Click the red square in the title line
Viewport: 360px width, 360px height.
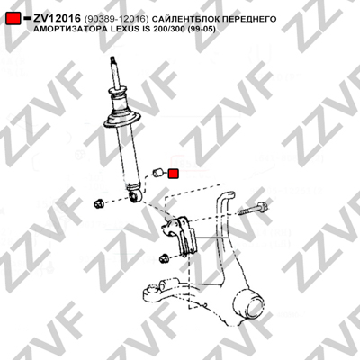13,19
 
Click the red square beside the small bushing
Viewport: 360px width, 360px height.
174,174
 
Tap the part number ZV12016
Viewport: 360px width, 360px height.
57,19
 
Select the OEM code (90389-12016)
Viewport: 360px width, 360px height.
116,19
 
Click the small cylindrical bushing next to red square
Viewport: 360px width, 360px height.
157,173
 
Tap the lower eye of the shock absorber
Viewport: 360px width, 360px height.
135,196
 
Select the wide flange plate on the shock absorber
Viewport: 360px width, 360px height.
121,121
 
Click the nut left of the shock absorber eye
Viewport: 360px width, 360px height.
99,204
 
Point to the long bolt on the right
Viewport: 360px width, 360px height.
253,209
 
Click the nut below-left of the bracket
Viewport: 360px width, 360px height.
164,258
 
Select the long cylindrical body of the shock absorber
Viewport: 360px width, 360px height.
127,156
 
